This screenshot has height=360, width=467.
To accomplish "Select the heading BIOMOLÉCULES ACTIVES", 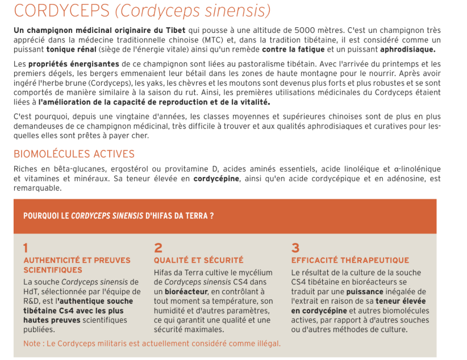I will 74,154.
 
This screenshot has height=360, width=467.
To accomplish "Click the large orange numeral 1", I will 26,248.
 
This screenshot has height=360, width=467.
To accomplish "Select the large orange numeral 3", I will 295,248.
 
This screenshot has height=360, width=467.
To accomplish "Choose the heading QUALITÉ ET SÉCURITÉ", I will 198,260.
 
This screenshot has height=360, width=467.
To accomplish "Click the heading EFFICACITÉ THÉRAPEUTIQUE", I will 350,260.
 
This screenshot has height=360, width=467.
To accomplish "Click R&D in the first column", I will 31,301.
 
